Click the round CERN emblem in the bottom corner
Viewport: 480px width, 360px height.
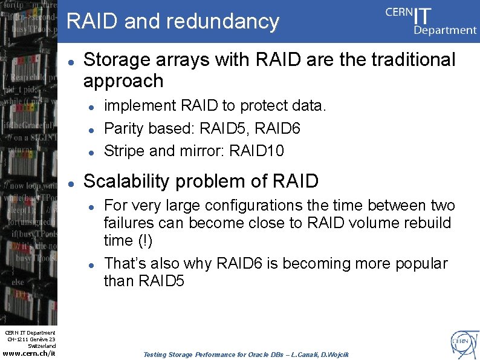point(462,343)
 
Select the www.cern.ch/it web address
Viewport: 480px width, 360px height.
point(29,353)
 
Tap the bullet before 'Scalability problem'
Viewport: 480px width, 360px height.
point(71,182)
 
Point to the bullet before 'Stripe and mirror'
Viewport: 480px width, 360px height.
point(90,151)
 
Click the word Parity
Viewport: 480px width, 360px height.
point(124,128)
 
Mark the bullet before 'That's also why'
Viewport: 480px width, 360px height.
point(90,264)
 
